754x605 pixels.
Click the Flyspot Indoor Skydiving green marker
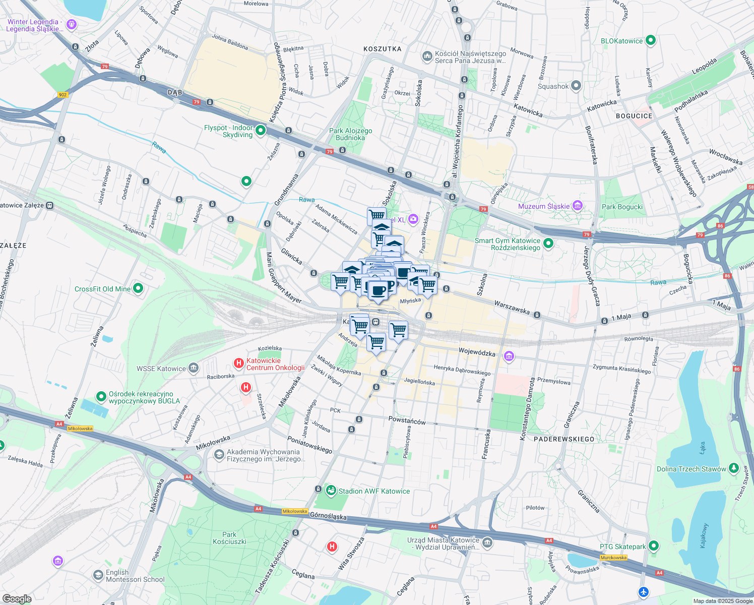tap(261, 131)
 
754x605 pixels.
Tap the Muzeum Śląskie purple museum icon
tap(578, 206)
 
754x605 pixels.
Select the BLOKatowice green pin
tap(651, 40)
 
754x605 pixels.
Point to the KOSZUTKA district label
tap(383, 49)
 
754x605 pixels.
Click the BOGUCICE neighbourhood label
tap(634, 116)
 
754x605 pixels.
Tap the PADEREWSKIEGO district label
tap(564, 439)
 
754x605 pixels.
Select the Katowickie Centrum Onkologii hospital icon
tap(239, 363)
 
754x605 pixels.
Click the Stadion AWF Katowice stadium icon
tap(331, 490)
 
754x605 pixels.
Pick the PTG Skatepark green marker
tap(654, 546)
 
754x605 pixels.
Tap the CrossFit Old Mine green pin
tap(138, 288)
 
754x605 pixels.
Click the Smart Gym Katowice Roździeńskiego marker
tap(548, 244)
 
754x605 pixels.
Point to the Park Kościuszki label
tap(229, 538)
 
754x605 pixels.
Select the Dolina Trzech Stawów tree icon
tap(734, 469)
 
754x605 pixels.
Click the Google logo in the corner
tap(17, 598)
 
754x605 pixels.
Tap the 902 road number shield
tap(62, 95)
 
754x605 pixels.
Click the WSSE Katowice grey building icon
tap(193, 368)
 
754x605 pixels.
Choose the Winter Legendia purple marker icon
tap(71, 24)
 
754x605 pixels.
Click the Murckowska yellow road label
tap(613, 558)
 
